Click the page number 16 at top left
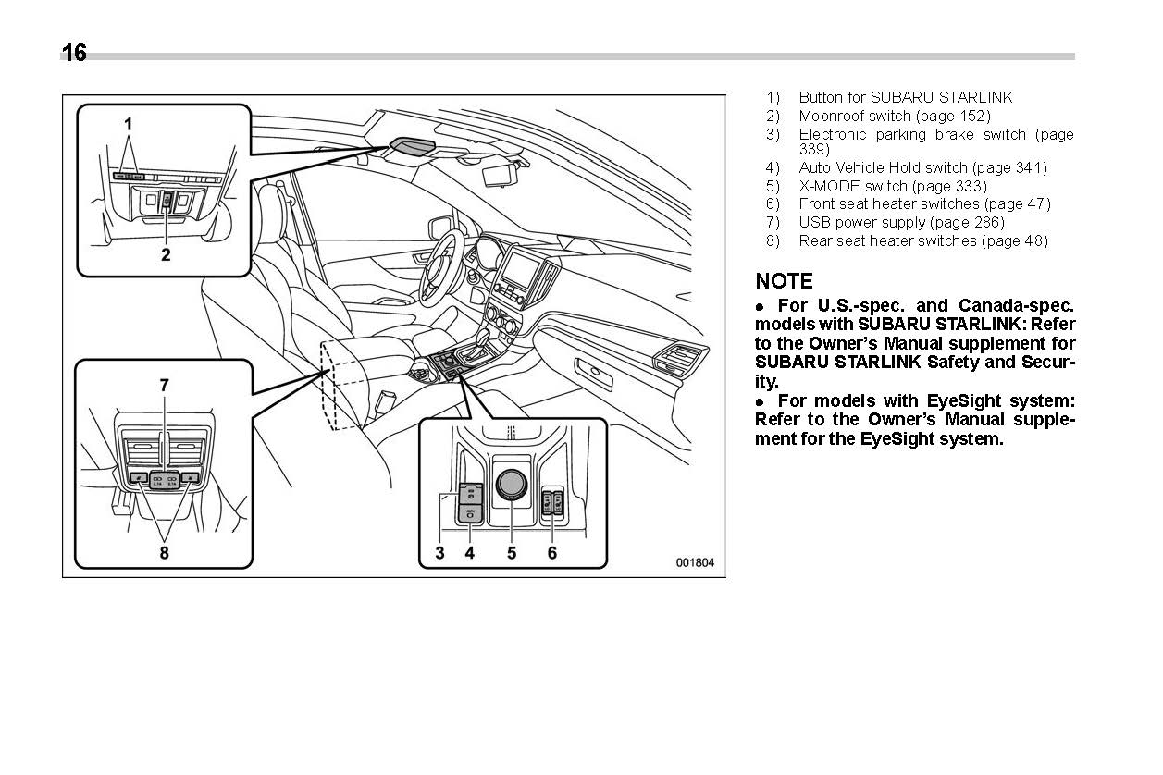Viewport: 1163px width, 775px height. point(74,54)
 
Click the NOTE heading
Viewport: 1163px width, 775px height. point(784,281)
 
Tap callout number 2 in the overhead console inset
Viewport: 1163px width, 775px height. point(166,254)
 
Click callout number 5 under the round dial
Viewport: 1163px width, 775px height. point(511,553)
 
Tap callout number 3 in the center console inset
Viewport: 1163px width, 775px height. point(440,553)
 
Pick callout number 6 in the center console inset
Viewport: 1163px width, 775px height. point(552,553)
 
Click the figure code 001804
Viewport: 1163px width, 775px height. point(694,562)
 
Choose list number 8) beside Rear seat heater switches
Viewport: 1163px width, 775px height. point(773,240)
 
